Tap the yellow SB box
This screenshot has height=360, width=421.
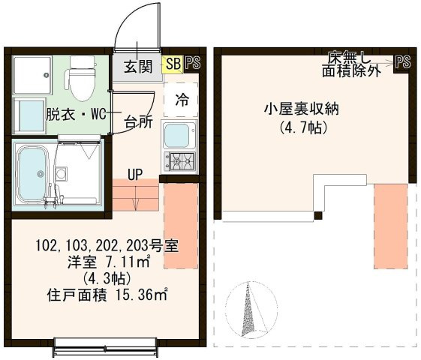[x=173, y=64]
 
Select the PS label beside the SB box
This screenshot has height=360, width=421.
[x=193, y=64]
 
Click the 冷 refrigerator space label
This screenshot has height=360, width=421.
[x=182, y=99]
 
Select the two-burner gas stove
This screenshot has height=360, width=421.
[x=179, y=159]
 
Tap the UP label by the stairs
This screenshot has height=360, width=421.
[x=135, y=175]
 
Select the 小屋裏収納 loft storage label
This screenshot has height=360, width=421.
[x=301, y=108]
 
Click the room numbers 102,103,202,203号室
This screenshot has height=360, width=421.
[x=106, y=246]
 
